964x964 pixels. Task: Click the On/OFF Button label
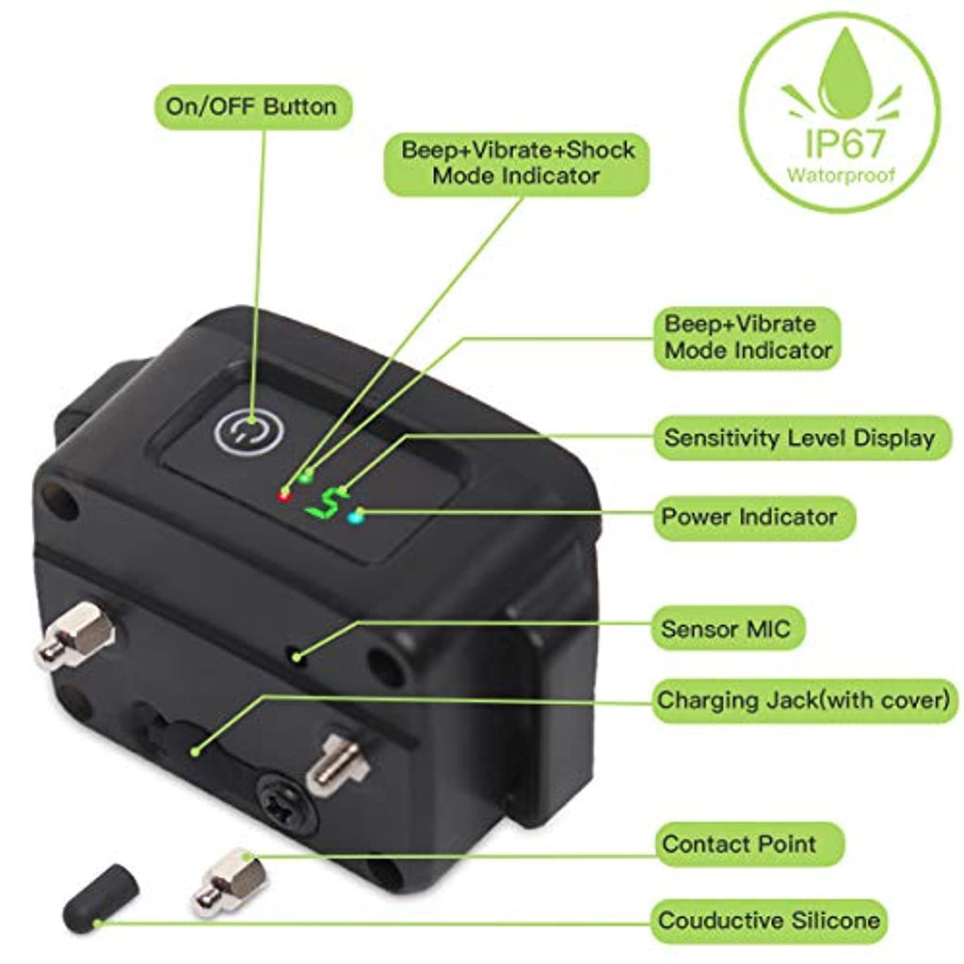tap(252, 107)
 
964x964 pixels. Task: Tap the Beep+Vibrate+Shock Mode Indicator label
tap(517, 164)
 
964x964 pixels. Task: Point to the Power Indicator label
tap(753, 517)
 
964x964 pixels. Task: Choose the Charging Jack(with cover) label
tap(804, 700)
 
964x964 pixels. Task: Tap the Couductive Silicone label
tap(769, 921)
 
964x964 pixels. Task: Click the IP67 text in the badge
tap(844, 142)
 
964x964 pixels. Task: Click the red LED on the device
tap(284, 495)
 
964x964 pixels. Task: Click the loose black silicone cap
tap(100, 896)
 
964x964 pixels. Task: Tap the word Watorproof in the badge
tap(841, 176)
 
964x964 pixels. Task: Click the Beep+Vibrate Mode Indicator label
tap(747, 338)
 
